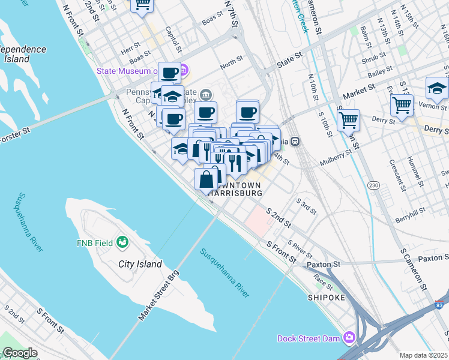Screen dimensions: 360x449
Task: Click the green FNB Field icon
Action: pyautogui.click(x=123, y=242)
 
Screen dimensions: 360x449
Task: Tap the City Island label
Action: pyautogui.click(x=140, y=264)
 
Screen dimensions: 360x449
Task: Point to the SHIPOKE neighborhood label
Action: pyautogui.click(x=327, y=297)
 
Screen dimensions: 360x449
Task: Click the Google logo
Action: pyautogui.click(x=20, y=353)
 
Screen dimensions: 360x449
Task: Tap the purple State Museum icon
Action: pyautogui.click(x=184, y=71)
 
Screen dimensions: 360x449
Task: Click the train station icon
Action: pyautogui.click(x=296, y=142)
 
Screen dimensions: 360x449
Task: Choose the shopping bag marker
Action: pyautogui.click(x=206, y=179)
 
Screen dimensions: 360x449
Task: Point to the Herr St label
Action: pyautogui.click(x=131, y=45)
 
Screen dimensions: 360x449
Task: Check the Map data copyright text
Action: pyautogui.click(x=423, y=355)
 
